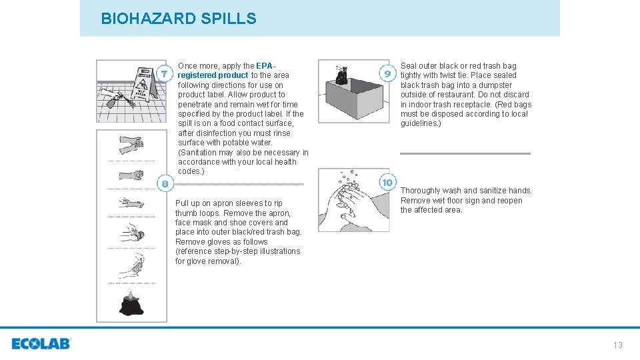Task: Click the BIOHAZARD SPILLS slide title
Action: coord(178,19)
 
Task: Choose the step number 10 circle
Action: coord(387,182)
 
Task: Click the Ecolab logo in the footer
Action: coord(41,344)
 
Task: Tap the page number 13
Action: coord(617,345)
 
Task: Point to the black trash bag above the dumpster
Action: coord(341,75)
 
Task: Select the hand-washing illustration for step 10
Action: coord(353,200)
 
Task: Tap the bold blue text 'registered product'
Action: coord(213,75)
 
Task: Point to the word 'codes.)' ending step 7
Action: coord(191,171)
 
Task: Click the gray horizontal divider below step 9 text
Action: coord(465,153)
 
